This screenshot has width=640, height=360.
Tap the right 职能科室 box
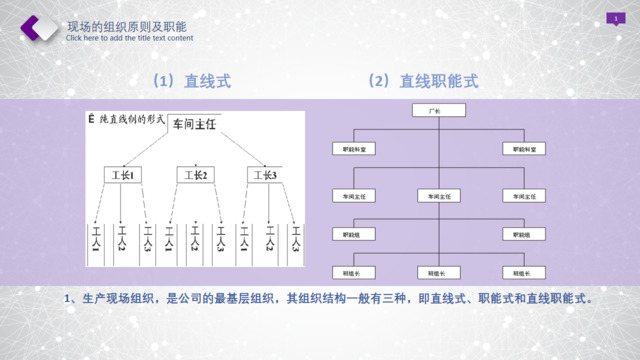tap(523, 148)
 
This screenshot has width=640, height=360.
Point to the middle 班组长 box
tap(436, 271)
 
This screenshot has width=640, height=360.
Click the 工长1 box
tap(124, 176)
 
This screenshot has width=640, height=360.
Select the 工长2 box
tap(196, 176)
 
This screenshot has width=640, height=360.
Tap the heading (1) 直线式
tap(191, 81)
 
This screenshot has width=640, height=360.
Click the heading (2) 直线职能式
tap(424, 81)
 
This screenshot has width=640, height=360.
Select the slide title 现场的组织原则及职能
tap(125, 25)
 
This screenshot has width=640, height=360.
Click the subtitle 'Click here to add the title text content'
tap(129, 39)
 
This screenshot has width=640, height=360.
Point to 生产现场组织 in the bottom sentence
tap(119, 298)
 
